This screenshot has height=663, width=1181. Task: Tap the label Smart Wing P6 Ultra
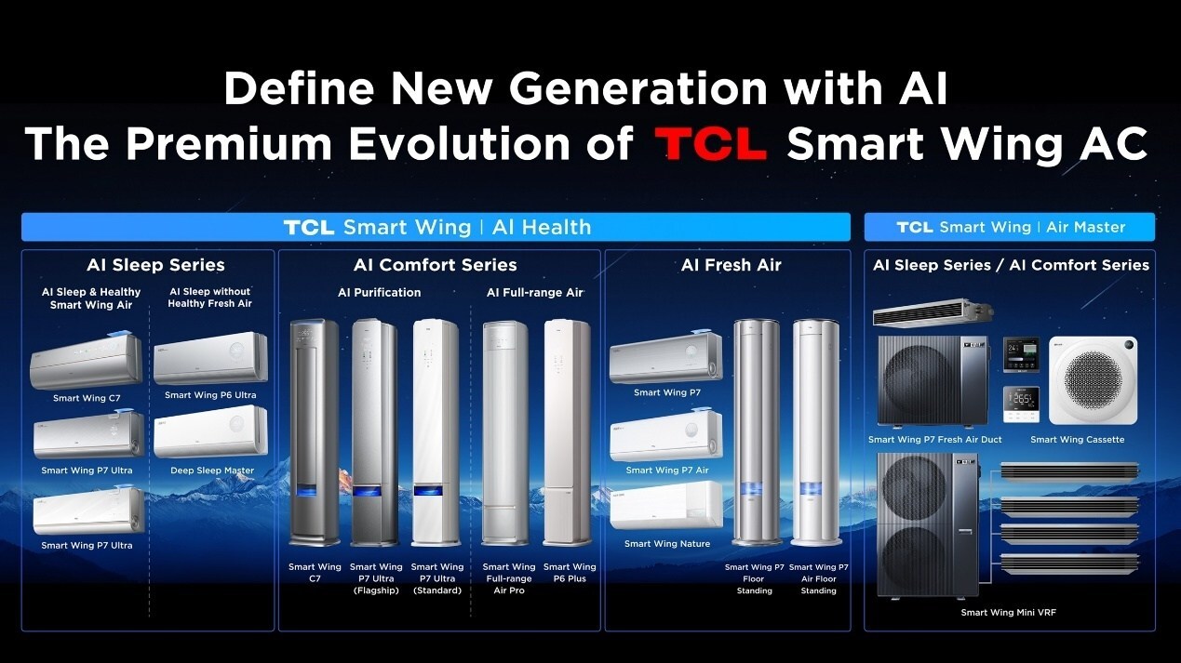click(x=210, y=395)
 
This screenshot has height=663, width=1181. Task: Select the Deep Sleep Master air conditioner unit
click(x=210, y=431)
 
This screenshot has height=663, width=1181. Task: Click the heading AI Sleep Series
click(x=155, y=266)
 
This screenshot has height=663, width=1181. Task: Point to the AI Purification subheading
click(x=379, y=293)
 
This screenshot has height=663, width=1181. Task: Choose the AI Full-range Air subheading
click(x=535, y=293)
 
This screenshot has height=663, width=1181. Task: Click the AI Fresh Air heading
click(x=731, y=266)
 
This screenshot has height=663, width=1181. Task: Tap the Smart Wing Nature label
click(x=666, y=544)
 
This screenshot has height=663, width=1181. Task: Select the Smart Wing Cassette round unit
click(x=1093, y=380)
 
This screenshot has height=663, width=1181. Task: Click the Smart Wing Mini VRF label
click(x=1008, y=613)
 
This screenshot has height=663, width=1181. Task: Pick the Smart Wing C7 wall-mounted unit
click(x=87, y=361)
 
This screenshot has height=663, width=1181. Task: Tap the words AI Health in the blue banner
click(x=541, y=227)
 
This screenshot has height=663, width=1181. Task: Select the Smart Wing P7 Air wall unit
click(x=665, y=435)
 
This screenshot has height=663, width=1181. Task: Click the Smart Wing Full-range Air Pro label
click(x=509, y=578)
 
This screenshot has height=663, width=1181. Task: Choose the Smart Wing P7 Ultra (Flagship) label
click(x=376, y=578)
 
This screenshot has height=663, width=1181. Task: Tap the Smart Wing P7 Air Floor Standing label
click(x=818, y=578)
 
